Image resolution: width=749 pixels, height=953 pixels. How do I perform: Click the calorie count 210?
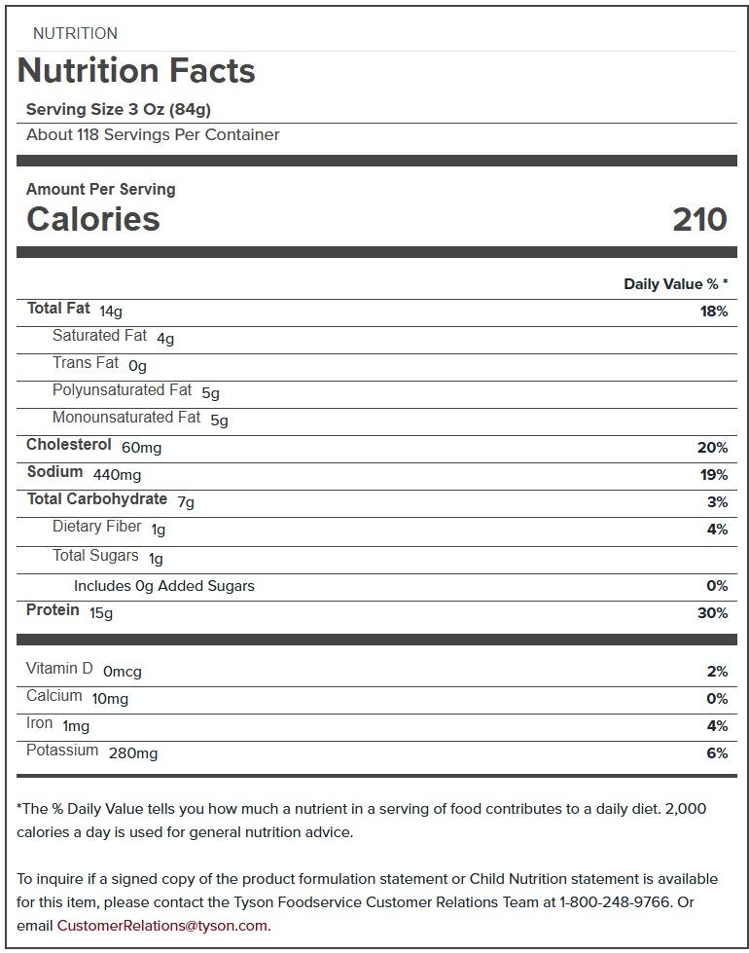699,219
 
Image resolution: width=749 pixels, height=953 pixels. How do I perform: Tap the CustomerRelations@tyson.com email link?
162,926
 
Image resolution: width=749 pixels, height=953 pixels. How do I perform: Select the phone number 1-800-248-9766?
615,902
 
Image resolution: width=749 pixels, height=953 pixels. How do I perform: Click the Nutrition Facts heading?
136,71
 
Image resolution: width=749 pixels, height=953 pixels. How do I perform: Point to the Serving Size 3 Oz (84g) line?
119,109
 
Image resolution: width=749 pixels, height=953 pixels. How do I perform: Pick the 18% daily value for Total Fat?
713,312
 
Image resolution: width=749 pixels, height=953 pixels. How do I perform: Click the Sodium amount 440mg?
117,475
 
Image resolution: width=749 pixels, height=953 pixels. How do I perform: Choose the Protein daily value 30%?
712,613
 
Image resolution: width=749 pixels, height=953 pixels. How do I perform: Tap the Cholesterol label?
69,445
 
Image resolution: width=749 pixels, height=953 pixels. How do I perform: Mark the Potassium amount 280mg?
133,753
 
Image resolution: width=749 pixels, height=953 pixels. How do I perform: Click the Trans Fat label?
86,363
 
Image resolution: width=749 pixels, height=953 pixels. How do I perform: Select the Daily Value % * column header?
675,284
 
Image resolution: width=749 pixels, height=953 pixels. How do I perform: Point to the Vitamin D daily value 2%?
717,672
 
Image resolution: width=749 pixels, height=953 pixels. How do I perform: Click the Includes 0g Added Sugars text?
164,586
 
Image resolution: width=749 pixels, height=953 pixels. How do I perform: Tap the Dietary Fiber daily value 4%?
717,530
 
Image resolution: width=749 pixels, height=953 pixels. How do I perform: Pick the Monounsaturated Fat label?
126,418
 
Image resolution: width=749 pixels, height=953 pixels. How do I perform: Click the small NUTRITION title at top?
75,34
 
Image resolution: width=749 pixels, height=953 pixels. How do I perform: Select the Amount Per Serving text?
100,190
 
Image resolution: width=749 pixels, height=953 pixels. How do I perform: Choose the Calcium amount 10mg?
110,699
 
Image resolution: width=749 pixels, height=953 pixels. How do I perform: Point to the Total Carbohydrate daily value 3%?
717,502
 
